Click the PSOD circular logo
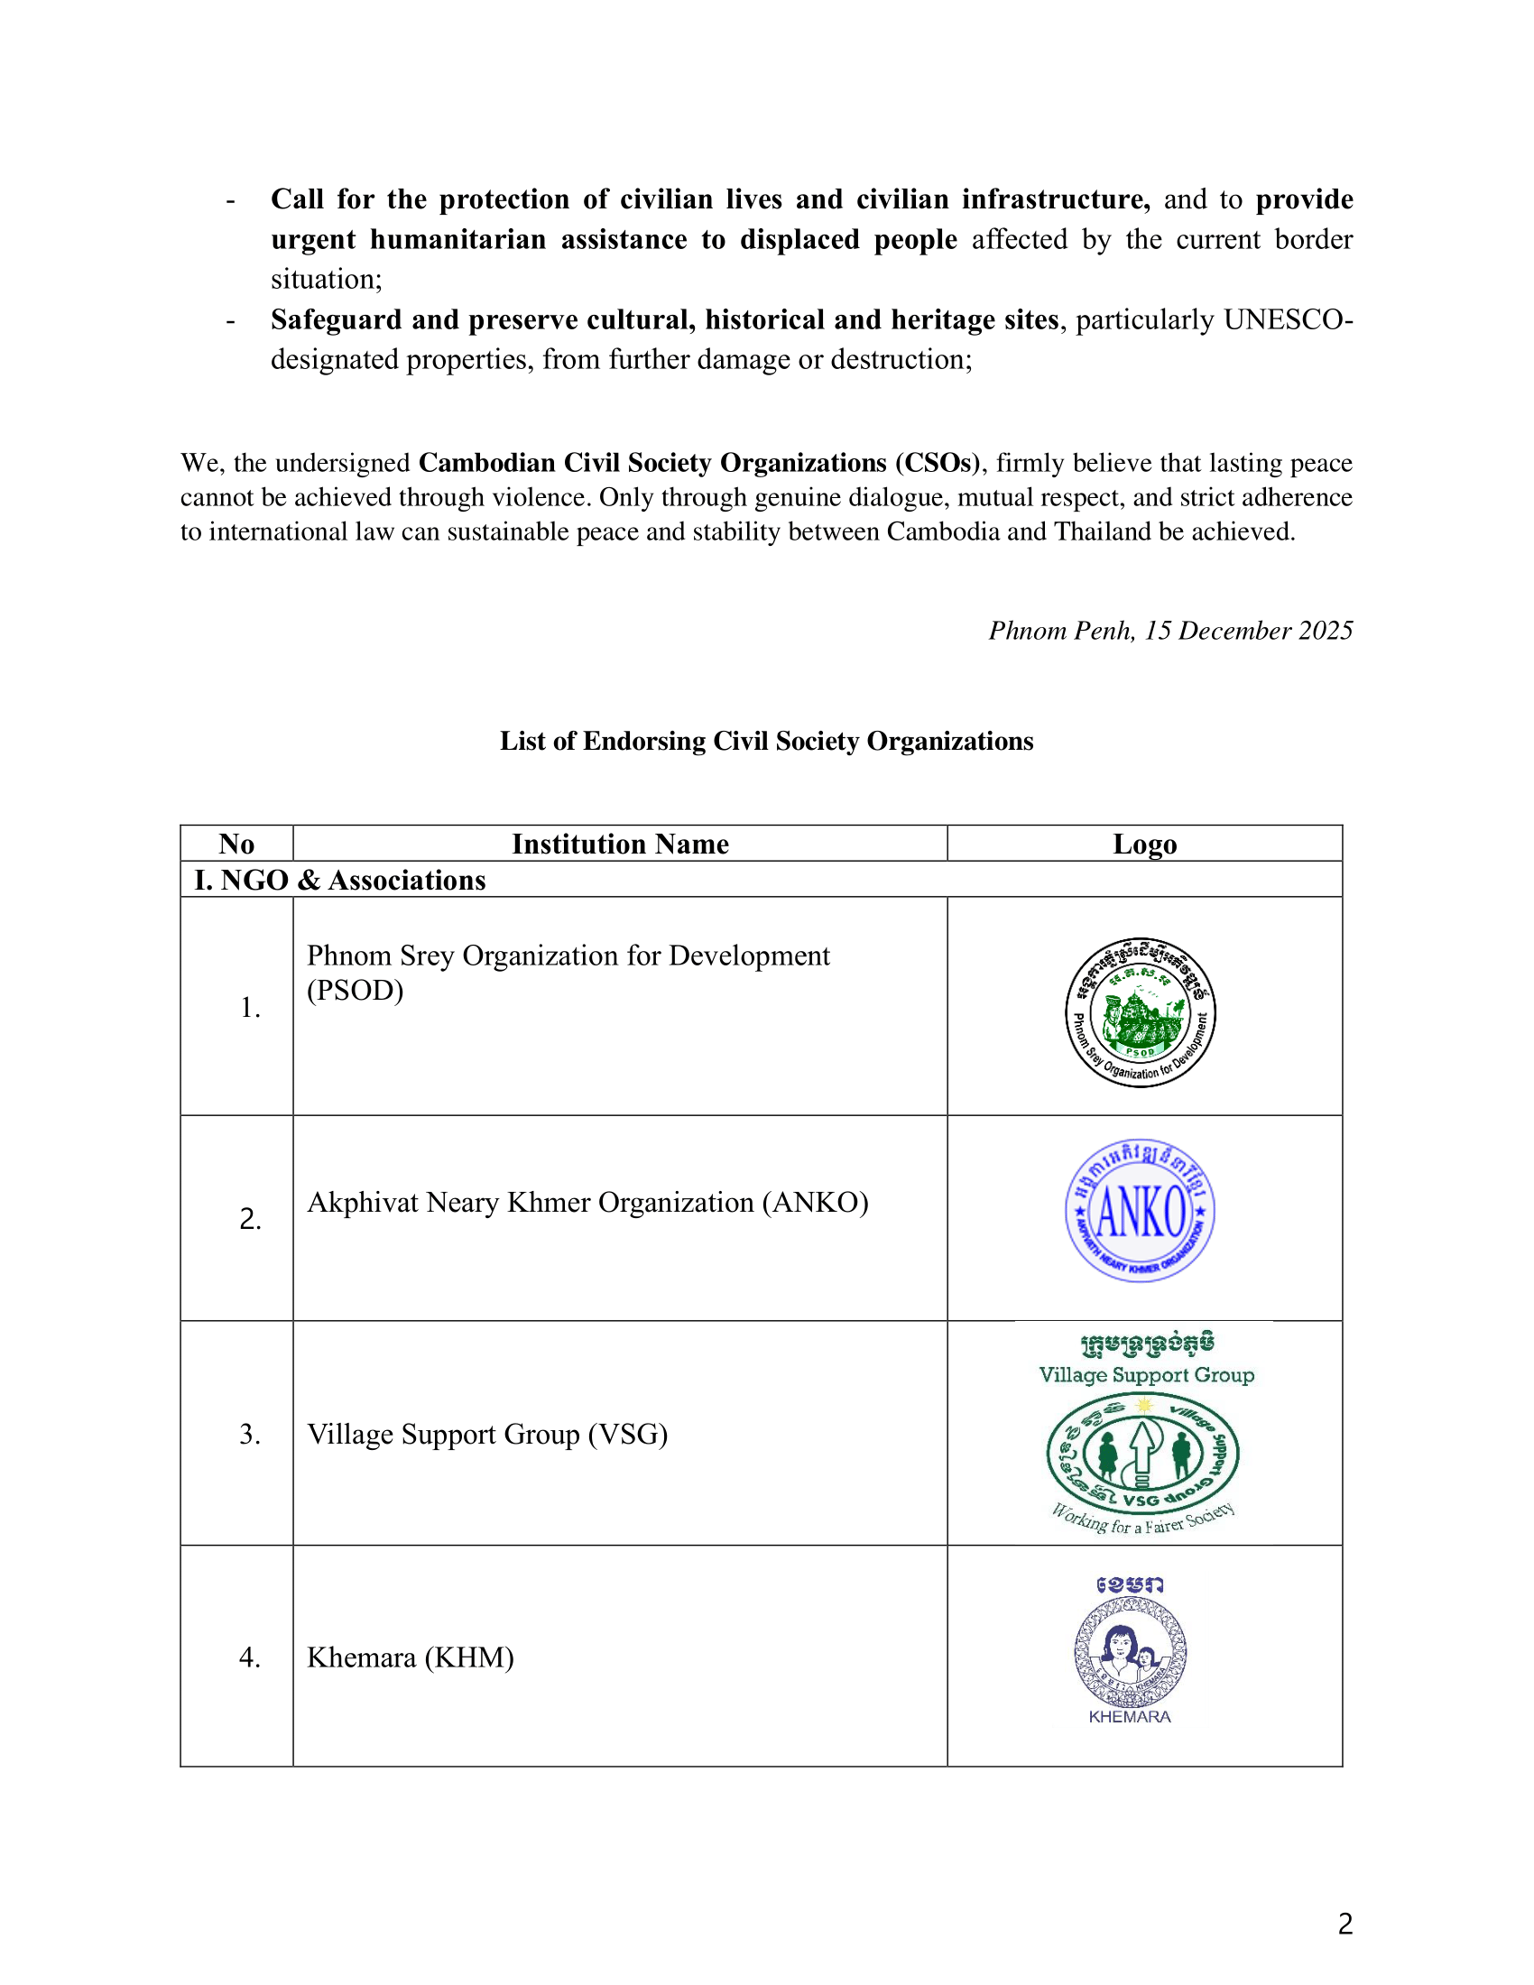(1141, 1012)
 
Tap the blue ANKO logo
(1141, 1211)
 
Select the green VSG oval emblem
(1142, 1453)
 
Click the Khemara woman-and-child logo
(1130, 1651)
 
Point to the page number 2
(1345, 1924)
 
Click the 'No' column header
(236, 844)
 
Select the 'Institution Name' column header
(620, 844)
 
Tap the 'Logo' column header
(1144, 844)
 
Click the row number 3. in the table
(250, 1435)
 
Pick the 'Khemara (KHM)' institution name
(410, 1657)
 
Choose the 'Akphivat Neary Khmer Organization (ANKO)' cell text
(587, 1203)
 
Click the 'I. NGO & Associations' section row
(340, 880)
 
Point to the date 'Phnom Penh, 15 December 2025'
(1170, 630)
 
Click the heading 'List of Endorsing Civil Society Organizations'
(766, 741)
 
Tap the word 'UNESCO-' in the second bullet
(1288, 320)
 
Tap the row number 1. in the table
(250, 1007)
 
